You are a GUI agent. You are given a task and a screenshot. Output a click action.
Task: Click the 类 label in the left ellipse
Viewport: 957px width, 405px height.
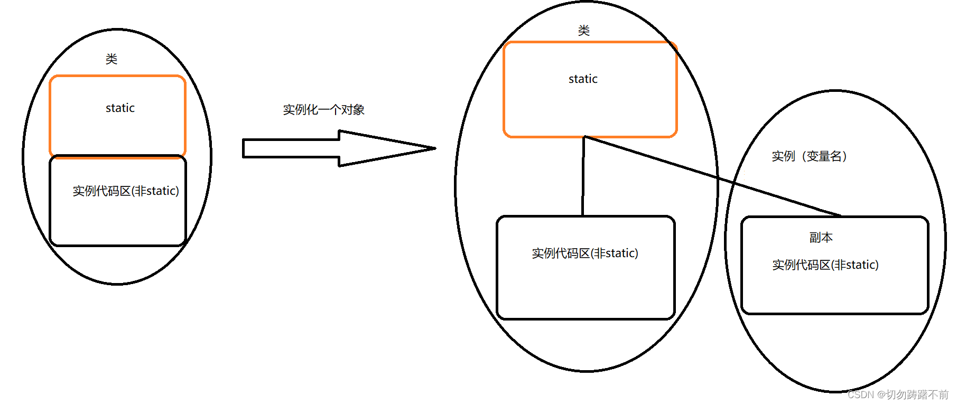[111, 59]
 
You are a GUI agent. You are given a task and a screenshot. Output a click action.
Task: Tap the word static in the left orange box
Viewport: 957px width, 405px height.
[120, 108]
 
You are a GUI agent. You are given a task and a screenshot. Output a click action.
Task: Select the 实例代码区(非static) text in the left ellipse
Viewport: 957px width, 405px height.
[126, 191]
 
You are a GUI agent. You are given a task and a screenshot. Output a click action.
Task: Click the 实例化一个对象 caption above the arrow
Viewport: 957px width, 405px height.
[323, 110]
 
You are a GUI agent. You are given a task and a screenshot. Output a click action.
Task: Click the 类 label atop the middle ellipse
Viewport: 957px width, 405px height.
[583, 30]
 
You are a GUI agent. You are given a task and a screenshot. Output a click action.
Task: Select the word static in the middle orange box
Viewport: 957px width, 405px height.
[583, 79]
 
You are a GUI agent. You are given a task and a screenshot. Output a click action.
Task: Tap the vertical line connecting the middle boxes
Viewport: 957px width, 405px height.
[583, 177]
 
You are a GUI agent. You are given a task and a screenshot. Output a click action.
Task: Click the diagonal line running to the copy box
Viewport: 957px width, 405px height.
[713, 176]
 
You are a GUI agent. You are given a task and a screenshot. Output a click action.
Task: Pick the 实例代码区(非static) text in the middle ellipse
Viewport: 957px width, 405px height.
[585, 253]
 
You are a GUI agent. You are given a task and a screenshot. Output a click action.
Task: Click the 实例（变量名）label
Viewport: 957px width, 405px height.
[810, 156]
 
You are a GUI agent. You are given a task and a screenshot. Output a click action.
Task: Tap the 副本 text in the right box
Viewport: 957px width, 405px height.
[821, 238]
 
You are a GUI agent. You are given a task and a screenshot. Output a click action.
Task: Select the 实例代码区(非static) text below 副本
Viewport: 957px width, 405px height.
[825, 265]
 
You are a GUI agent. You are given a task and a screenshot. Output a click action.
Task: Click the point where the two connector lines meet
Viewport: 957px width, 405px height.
[584, 137]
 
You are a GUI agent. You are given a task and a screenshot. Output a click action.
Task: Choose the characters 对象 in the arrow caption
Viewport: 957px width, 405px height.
[352, 110]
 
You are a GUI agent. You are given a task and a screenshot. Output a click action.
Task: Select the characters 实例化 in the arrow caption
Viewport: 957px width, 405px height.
[300, 110]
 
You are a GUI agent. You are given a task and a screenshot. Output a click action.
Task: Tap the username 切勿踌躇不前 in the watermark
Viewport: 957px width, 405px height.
[917, 395]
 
